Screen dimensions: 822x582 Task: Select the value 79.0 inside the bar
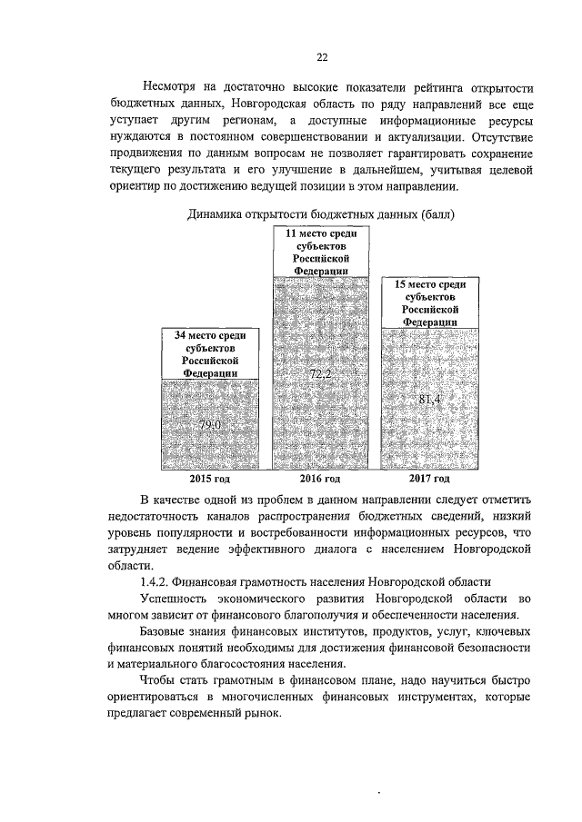[211, 424]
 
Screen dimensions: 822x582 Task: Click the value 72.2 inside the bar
[322, 373]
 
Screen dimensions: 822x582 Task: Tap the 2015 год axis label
[210, 479]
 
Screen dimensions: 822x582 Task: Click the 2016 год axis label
[320, 479]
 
